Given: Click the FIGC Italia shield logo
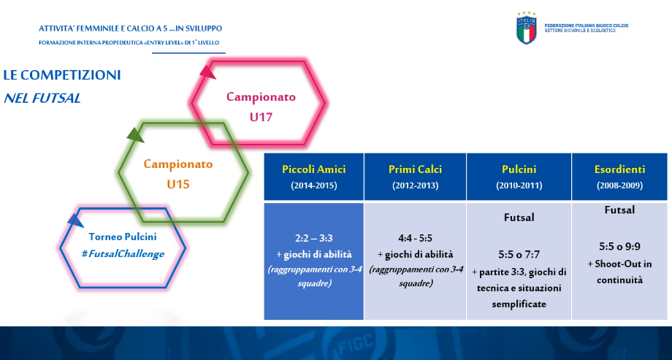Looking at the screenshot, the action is point(527,28).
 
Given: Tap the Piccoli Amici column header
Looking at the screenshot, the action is point(313,169).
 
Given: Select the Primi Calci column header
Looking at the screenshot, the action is point(415,169).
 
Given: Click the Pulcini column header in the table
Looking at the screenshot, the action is point(519,169).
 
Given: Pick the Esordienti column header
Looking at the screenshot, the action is point(619,169).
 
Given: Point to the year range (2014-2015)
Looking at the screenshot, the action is point(313,185).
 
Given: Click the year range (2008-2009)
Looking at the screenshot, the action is point(619,185).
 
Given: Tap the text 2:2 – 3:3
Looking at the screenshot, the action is point(313,238).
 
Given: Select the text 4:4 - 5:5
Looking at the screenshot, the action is point(415,238).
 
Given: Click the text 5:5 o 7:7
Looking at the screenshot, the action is point(519,255).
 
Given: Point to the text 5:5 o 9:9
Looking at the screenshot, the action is point(619,247).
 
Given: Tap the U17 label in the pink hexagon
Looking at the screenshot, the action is point(261,117).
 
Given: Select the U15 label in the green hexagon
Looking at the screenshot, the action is point(177,184).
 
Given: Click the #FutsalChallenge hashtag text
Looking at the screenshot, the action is point(123,253).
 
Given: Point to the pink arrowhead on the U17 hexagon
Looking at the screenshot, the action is point(208,72).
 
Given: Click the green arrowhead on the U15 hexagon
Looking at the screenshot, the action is point(137,134).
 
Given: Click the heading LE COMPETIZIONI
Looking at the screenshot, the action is point(62,75).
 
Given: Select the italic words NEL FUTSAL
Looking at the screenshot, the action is point(42,98).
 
